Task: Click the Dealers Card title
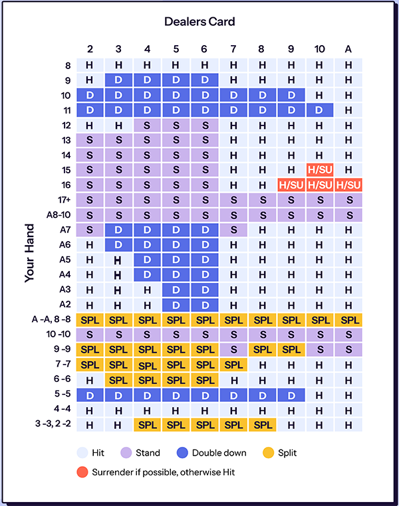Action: (199, 22)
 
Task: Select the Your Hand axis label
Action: (29, 253)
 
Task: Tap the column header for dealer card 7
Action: (233, 49)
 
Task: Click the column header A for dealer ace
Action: (348, 49)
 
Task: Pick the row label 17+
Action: (64, 200)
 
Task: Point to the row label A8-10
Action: (59, 215)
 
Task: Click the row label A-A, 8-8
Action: (51, 319)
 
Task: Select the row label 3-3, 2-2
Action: (53, 424)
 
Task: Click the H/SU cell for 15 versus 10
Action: (320, 170)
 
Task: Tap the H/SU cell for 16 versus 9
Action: (291, 185)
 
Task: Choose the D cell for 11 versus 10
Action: (320, 110)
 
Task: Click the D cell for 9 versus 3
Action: (118, 80)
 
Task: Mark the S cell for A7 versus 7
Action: (233, 230)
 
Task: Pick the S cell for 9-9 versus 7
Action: (233, 350)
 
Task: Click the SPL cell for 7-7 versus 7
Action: (233, 365)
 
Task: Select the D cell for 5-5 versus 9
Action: (291, 395)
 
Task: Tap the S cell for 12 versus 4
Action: (147, 126)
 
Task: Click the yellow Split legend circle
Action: (269, 453)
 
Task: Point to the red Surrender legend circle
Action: (82, 472)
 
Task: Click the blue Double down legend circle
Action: (182, 453)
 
